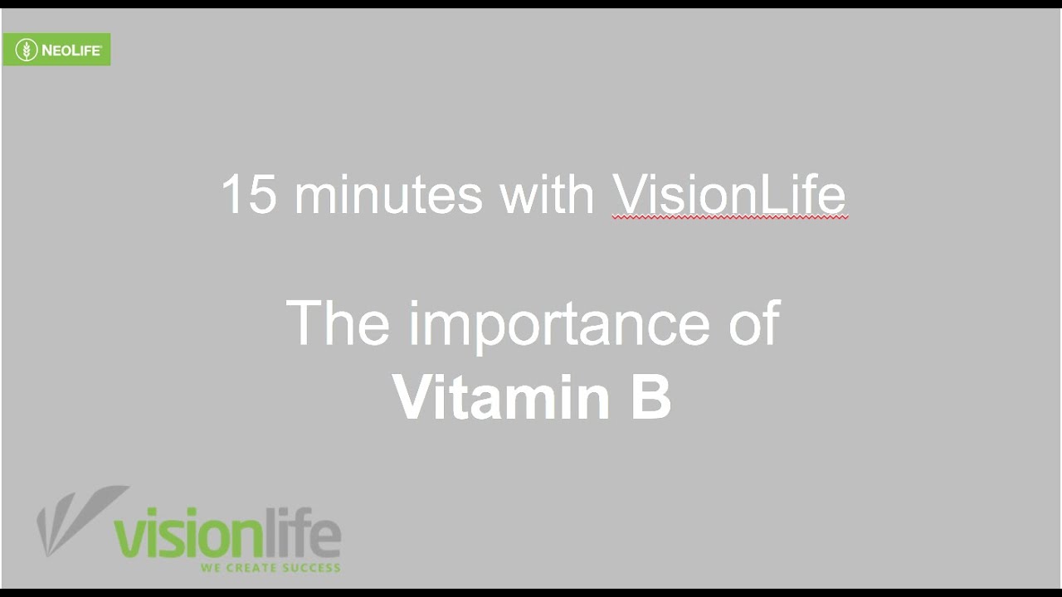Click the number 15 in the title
point(249,194)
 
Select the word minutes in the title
point(389,194)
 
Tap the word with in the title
point(548,193)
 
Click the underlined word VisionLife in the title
point(728,193)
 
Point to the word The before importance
point(338,323)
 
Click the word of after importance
point(755,323)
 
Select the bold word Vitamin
point(500,396)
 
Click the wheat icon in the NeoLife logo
point(27,50)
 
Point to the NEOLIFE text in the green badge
point(71,51)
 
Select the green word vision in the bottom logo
point(188,532)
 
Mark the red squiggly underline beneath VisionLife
point(729,217)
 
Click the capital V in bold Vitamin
point(411,396)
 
